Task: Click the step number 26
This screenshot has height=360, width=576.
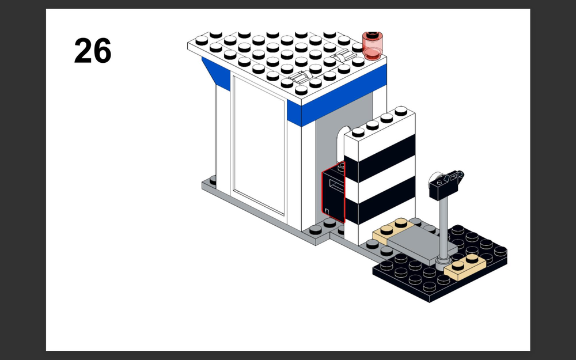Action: click(93, 50)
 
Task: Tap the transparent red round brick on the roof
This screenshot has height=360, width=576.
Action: click(373, 46)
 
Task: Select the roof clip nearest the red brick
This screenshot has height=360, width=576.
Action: click(343, 56)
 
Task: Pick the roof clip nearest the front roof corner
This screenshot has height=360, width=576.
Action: click(300, 77)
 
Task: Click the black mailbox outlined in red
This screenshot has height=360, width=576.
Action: click(333, 192)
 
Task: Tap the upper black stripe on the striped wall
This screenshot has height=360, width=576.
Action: click(380, 158)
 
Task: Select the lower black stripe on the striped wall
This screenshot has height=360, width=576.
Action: click(380, 200)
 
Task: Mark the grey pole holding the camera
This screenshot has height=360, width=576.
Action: click(444, 228)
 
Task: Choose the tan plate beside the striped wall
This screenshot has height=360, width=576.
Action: click(393, 230)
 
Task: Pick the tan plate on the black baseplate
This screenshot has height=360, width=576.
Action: click(464, 267)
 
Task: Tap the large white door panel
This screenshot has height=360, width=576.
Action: click(259, 145)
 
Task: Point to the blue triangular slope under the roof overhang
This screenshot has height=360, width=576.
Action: click(217, 74)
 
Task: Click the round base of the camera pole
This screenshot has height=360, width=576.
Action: click(443, 263)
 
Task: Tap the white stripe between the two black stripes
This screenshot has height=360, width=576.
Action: click(380, 179)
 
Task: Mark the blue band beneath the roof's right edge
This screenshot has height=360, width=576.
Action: click(344, 96)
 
